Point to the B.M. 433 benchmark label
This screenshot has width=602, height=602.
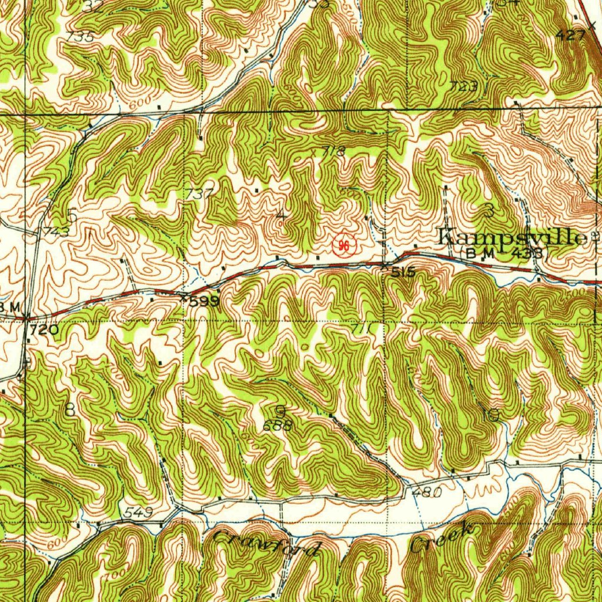pos(506,253)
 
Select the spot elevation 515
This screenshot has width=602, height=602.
pos(404,272)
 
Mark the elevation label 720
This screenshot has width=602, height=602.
pos(44,330)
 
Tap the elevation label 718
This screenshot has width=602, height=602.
pos(333,151)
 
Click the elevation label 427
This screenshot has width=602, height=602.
pos(570,35)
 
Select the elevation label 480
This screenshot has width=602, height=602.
pos(427,493)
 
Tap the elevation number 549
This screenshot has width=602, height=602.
pos(139,513)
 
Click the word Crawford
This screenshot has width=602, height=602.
pos(267,544)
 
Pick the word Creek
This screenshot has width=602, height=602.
pos(442,536)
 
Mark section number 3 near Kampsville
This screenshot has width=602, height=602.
pos(489,209)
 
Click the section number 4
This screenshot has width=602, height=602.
pos(282,216)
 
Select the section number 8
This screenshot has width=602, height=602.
pos(70,410)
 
